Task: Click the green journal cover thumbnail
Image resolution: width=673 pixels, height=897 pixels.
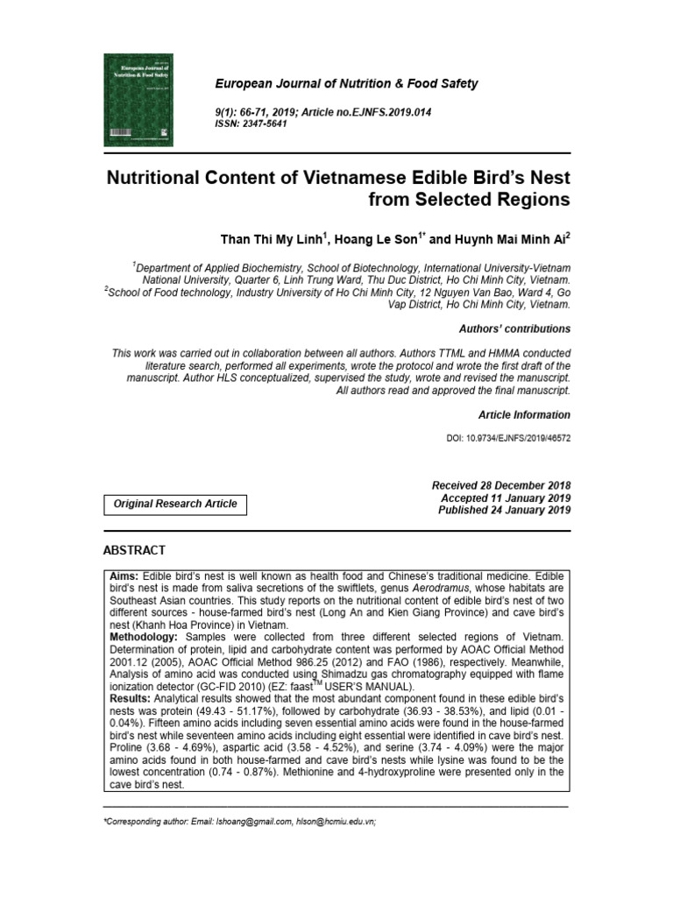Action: click(x=138, y=99)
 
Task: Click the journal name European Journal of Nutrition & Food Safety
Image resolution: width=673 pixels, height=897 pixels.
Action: click(x=347, y=84)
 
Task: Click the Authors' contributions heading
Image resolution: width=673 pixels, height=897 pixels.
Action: click(x=514, y=329)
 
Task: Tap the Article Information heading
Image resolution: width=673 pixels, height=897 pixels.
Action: click(x=523, y=415)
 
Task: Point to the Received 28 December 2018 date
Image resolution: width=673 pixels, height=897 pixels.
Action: click(x=501, y=485)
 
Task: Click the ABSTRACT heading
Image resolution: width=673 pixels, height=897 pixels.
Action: click(x=134, y=550)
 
